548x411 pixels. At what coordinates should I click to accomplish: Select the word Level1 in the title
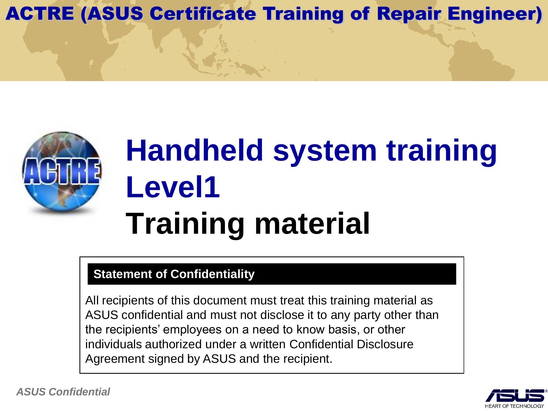click(x=173, y=188)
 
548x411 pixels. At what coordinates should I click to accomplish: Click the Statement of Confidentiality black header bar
click(x=272, y=274)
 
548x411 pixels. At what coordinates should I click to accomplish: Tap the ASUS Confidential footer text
click(x=63, y=392)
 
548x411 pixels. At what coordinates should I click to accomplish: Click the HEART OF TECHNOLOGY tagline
click(x=515, y=406)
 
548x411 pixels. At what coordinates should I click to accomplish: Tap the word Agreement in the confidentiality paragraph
click(x=115, y=359)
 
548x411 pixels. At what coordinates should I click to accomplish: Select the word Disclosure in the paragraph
click(x=385, y=344)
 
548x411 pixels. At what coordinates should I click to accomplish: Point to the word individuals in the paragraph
click(x=113, y=344)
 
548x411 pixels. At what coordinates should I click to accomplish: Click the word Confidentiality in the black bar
click(x=213, y=274)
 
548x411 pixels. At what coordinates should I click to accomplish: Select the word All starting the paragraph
click(x=92, y=301)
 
